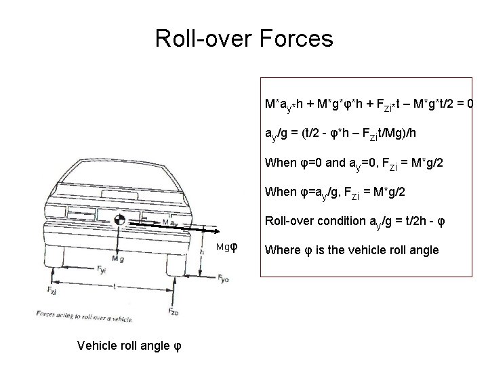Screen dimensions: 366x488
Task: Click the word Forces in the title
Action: tap(296, 39)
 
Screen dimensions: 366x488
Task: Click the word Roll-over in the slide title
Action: tap(204, 39)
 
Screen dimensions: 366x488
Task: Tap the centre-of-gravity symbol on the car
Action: tap(119, 220)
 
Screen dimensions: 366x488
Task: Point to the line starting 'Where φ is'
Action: tap(352, 250)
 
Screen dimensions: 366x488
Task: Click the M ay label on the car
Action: tap(170, 222)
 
